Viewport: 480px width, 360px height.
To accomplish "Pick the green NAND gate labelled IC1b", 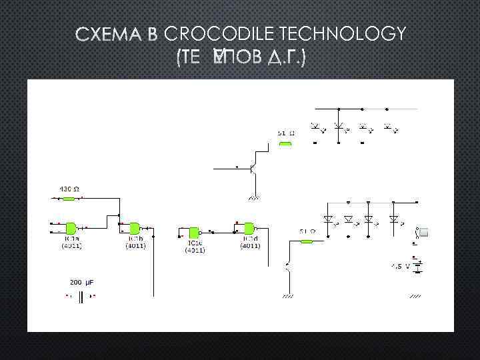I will click(x=135, y=227).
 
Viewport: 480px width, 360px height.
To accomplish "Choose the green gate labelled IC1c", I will click(x=193, y=232).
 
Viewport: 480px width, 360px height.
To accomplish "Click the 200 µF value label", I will click(x=83, y=283).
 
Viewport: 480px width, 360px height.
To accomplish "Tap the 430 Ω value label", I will click(x=69, y=189).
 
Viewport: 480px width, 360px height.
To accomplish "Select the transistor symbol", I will click(x=253, y=169).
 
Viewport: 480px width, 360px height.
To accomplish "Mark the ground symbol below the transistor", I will click(x=254, y=197).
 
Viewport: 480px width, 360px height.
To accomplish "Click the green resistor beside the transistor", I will click(x=285, y=143).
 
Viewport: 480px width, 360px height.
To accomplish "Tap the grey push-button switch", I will click(x=422, y=232).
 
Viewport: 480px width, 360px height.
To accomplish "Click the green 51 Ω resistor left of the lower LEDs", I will click(x=307, y=241).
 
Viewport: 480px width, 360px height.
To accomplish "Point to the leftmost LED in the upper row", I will click(x=316, y=126).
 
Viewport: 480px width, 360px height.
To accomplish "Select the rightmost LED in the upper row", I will click(x=387, y=126).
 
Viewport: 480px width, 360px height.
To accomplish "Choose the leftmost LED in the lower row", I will click(x=327, y=219).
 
